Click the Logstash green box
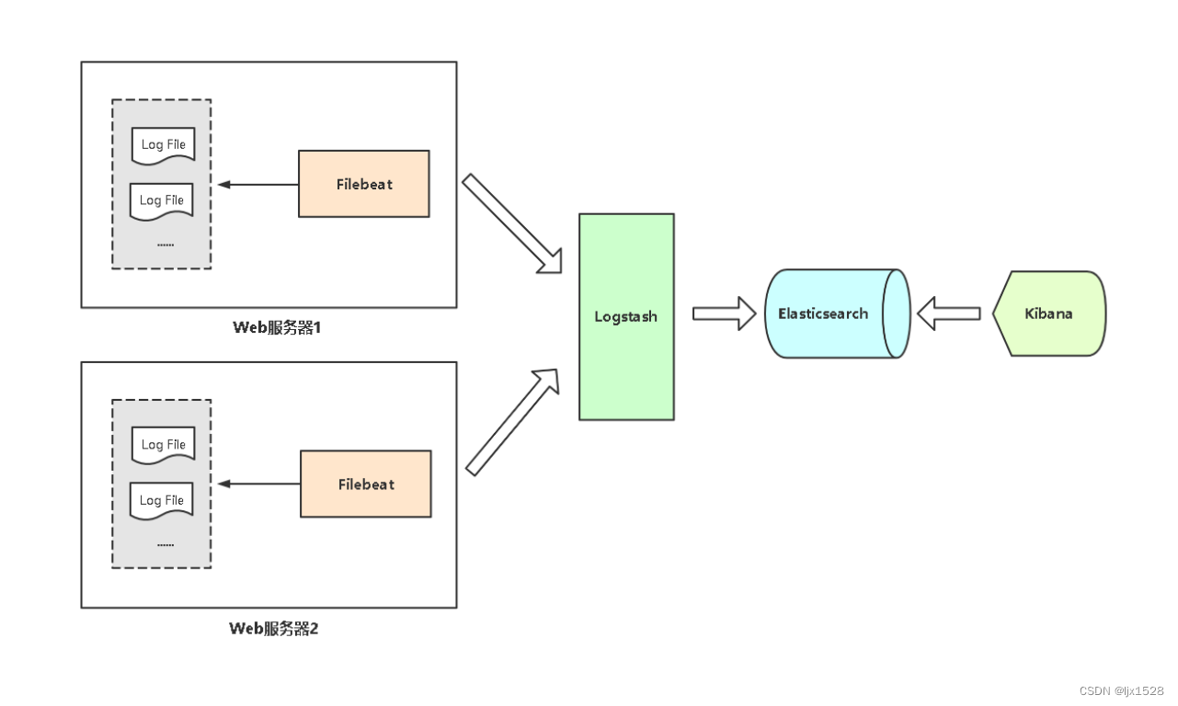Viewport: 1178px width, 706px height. click(x=626, y=317)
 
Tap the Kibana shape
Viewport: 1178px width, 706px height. click(x=1049, y=313)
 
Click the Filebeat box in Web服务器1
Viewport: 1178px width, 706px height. click(x=364, y=184)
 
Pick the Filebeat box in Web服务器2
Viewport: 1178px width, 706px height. click(x=366, y=484)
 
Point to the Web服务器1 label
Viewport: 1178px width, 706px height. click(x=275, y=328)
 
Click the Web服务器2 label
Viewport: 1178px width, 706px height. click(x=273, y=629)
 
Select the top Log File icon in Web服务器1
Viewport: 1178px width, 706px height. click(x=163, y=145)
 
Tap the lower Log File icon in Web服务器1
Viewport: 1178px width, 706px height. click(x=161, y=200)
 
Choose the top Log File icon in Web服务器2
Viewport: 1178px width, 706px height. click(x=163, y=445)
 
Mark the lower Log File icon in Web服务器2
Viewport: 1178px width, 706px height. click(x=162, y=501)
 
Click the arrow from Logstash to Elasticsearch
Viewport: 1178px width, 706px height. click(x=723, y=313)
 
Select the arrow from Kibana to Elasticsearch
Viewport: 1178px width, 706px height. click(x=949, y=313)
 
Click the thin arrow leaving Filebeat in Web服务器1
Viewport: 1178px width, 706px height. click(x=257, y=185)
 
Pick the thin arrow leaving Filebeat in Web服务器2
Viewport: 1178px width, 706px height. click(x=258, y=484)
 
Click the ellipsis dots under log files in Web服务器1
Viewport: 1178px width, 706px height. click(x=166, y=245)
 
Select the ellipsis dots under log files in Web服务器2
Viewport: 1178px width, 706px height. click(x=166, y=544)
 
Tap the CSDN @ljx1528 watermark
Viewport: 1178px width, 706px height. click(x=1121, y=690)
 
